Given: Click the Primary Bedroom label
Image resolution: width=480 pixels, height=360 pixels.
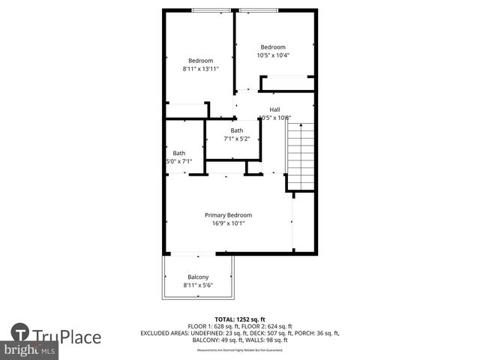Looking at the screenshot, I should [228, 215].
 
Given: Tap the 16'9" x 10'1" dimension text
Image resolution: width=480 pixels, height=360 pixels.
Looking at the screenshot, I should [228, 223].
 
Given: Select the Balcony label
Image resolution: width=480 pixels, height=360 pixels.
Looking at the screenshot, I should [198, 277].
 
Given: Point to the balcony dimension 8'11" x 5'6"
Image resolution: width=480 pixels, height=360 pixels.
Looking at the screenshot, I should [198, 286].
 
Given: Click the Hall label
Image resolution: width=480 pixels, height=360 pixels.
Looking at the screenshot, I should [274, 109].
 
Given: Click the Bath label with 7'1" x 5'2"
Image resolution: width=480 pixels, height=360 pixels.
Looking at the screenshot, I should [236, 130].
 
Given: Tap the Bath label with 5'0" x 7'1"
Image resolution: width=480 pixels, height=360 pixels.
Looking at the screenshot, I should [178, 153].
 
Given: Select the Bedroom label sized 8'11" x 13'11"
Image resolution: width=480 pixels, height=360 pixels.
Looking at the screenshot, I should [200, 61].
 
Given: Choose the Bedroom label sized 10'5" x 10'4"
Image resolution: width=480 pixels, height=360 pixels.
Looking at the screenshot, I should [273, 47].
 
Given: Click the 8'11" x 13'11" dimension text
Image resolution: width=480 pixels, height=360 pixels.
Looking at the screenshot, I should [200, 69].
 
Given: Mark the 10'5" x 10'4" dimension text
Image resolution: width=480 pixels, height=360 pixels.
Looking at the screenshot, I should [273, 55].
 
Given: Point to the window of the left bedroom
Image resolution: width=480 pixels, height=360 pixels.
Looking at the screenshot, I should [210, 10].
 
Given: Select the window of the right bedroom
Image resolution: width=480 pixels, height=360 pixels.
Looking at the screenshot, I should [261, 10].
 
